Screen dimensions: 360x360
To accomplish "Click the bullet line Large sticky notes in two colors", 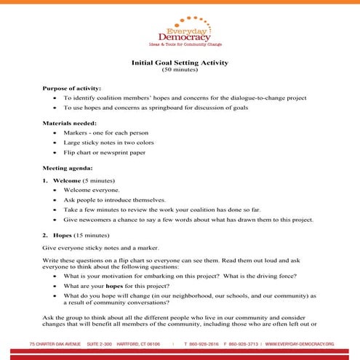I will point(111,143).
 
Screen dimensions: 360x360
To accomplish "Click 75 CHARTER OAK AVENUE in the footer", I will point(54,343).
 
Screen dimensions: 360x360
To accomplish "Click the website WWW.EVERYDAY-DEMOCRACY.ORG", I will point(299,343).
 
